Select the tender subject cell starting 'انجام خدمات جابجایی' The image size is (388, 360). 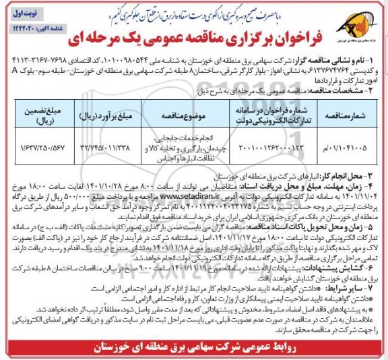click(192, 144)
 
